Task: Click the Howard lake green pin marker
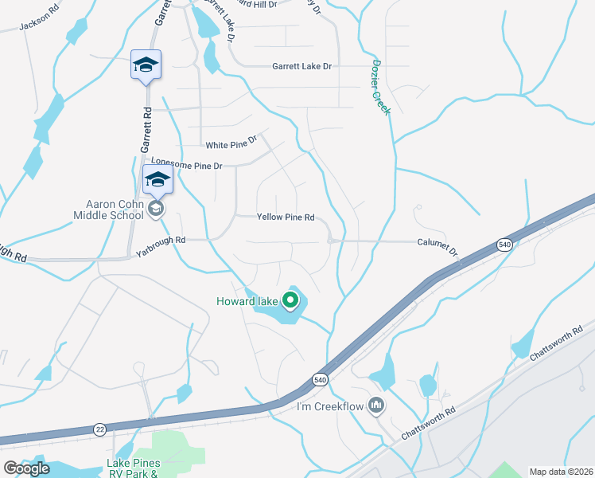coord(291,300)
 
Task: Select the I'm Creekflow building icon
coord(377,407)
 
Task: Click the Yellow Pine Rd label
coord(286,217)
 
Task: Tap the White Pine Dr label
coord(231,144)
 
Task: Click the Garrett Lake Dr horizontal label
coord(301,67)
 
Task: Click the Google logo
coord(26,468)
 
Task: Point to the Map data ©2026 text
coord(561,472)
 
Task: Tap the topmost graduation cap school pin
coord(146,65)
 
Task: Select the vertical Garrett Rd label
coord(146,131)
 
